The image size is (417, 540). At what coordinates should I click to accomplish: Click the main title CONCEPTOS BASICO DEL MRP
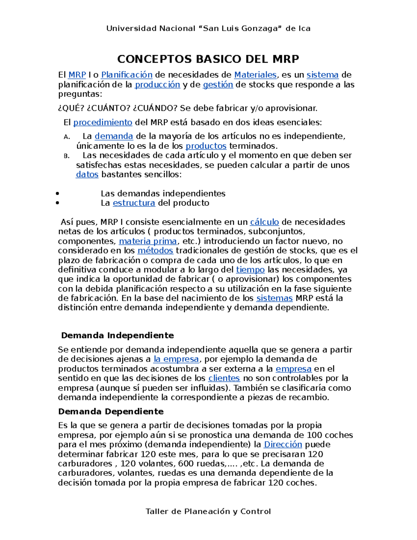point(208,59)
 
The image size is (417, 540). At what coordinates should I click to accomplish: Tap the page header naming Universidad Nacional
point(208,29)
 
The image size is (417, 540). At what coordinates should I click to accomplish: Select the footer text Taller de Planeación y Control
point(208,511)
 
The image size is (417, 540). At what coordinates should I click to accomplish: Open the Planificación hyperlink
point(127,75)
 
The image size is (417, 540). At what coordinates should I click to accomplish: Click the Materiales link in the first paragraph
point(255,75)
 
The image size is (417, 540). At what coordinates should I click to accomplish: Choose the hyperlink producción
point(157,84)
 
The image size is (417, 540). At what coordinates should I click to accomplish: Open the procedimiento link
point(103,122)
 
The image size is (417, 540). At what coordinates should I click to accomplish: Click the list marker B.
point(67,156)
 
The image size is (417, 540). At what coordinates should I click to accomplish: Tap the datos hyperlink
point(87,174)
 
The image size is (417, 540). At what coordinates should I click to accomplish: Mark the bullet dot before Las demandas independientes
point(58,194)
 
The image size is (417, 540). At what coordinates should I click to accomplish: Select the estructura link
point(134,203)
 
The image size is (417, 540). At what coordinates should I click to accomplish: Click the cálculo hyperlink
point(264,222)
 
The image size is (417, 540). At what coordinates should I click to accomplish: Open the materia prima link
point(148,241)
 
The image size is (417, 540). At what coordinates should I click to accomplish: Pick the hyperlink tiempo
point(250,269)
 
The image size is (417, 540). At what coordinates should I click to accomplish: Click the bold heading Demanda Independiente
point(117,335)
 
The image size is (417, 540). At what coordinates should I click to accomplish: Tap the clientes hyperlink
point(224,378)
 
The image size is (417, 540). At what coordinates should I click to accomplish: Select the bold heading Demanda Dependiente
point(111,411)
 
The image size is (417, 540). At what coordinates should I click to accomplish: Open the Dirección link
point(283,444)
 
